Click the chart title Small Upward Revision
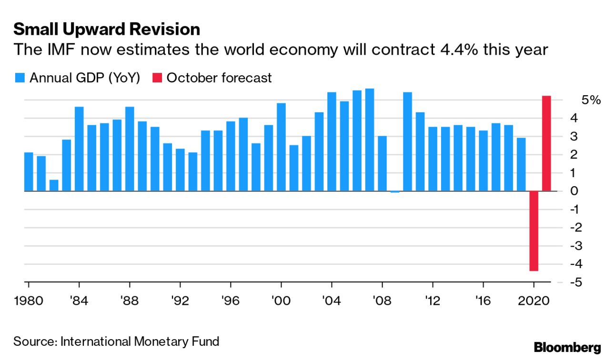[x=106, y=30]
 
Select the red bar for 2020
[x=533, y=231]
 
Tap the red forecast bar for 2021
[x=546, y=143]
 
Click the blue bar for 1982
[x=54, y=185]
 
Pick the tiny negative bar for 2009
[x=395, y=192]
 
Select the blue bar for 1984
[x=79, y=149]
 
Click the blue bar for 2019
[x=521, y=164]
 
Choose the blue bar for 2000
[x=281, y=147]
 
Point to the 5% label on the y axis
[x=591, y=100]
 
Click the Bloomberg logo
[x=567, y=348]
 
